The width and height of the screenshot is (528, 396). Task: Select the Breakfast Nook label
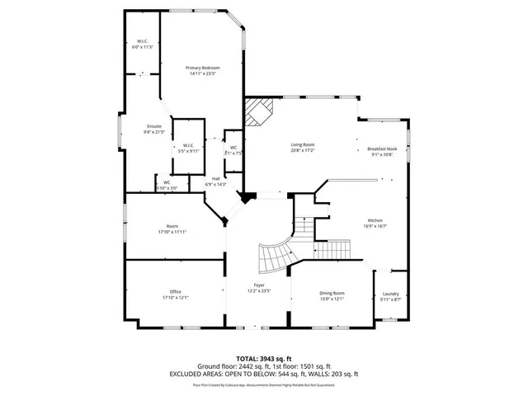(x=382, y=149)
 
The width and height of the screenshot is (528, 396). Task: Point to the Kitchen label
(x=375, y=220)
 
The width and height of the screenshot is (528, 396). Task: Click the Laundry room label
(x=391, y=294)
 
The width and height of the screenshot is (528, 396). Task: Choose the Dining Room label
(x=332, y=293)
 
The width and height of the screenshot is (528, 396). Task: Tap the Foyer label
(x=259, y=285)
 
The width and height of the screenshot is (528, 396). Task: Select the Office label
(x=175, y=291)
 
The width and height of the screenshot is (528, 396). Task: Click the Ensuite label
(x=154, y=125)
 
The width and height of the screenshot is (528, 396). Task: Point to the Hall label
(x=215, y=178)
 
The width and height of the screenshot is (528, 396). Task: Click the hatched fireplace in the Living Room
(x=261, y=110)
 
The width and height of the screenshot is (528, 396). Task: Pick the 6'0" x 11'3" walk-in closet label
(x=143, y=42)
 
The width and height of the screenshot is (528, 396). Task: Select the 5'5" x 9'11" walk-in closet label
(x=189, y=146)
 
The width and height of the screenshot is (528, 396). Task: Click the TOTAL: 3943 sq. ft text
(x=264, y=359)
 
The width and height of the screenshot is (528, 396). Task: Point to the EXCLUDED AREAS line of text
(x=264, y=374)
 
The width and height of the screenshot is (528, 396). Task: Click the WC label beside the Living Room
(x=233, y=148)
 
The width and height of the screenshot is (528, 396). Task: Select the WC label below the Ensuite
(x=167, y=182)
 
